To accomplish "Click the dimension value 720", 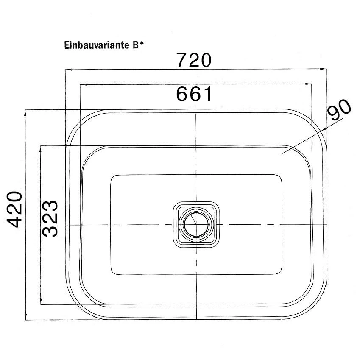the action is tap(193, 60).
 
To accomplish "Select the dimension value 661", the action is tap(194, 94).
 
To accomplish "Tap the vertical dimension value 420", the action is tap(15, 209).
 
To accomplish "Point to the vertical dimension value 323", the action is tap(50, 218).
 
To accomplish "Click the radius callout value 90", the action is tap(339, 110).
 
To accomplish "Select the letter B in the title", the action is tap(135, 45).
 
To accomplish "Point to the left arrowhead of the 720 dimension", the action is tap(68, 69).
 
